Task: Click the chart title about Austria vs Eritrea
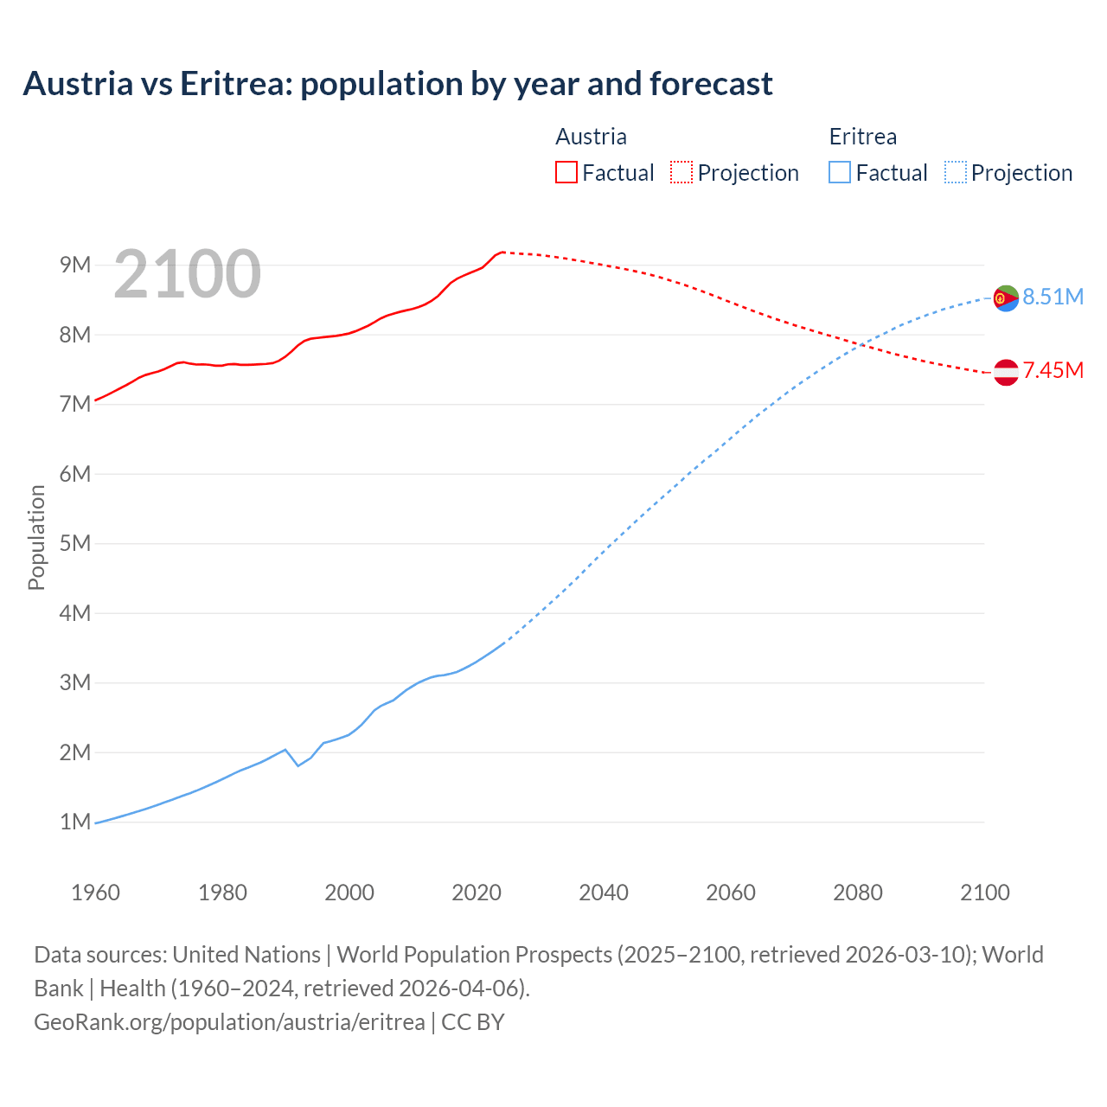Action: click(398, 84)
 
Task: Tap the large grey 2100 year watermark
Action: click(187, 274)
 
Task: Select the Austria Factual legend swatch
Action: click(566, 173)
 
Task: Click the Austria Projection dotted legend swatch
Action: click(681, 173)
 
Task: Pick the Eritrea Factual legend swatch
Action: click(839, 173)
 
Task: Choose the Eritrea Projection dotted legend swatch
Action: click(955, 173)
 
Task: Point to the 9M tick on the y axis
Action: click(75, 265)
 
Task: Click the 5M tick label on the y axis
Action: click(75, 543)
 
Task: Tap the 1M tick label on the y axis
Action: click(75, 822)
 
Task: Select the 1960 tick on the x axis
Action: click(95, 893)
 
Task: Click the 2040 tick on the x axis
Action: click(604, 893)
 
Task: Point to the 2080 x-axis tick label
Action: click(858, 893)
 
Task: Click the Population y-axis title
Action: click(36, 537)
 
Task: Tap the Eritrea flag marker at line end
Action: click(1006, 298)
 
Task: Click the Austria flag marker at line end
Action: click(1006, 372)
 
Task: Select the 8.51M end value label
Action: click(1053, 298)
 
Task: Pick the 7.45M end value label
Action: click(1053, 371)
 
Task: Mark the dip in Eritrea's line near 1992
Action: click(298, 765)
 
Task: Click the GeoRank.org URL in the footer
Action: click(229, 1022)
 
